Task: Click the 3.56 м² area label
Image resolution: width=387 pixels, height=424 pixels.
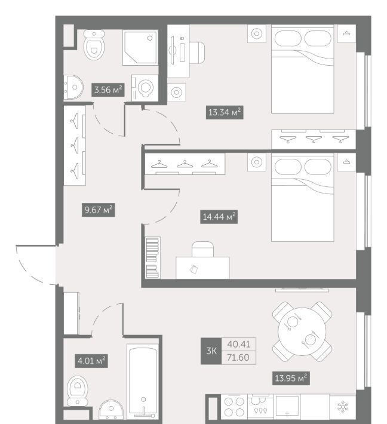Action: (x=108, y=90)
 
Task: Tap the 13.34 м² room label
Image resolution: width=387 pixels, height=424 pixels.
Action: (x=225, y=112)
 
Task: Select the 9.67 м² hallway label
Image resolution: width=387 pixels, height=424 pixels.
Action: (x=99, y=210)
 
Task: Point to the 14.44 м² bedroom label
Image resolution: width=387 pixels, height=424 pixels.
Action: (x=219, y=217)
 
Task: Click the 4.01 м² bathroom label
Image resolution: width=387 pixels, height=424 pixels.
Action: (x=91, y=361)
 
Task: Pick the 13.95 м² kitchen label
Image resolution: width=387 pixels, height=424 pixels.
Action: (x=291, y=378)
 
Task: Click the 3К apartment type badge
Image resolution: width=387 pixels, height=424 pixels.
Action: (x=211, y=351)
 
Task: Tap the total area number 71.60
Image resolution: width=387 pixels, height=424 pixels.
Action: (x=238, y=358)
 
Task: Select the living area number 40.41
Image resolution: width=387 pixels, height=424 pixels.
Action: (x=239, y=344)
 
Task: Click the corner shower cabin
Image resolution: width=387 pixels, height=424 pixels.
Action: (x=140, y=48)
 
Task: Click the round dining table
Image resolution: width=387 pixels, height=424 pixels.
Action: (x=302, y=331)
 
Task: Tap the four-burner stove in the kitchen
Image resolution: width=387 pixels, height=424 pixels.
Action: (x=234, y=407)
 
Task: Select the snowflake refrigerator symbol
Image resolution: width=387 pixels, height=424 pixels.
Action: (x=342, y=407)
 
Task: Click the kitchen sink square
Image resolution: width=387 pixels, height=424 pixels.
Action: (x=287, y=407)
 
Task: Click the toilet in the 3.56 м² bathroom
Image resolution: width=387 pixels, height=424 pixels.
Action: (x=94, y=45)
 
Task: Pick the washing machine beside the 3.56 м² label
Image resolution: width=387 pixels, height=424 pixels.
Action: (x=145, y=88)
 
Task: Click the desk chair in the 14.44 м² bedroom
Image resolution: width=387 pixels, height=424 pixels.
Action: (x=203, y=249)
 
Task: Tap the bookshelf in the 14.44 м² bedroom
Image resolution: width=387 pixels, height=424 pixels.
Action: (x=153, y=258)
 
